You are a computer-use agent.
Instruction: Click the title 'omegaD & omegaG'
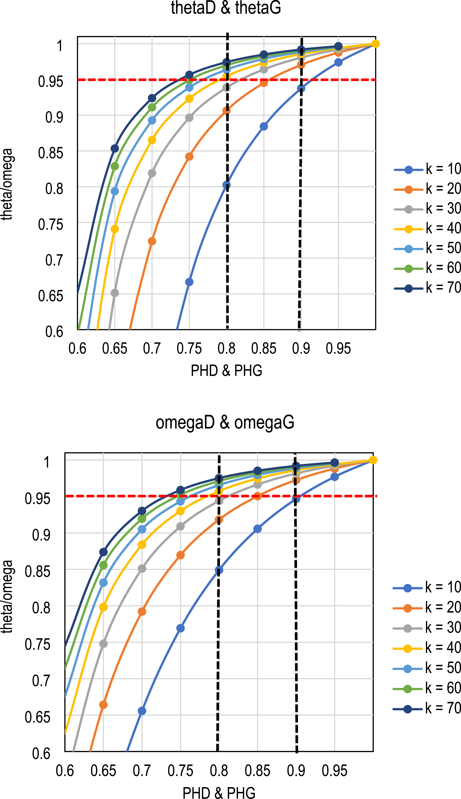(x=225, y=423)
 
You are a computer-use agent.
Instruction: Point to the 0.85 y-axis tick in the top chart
(x=51, y=153)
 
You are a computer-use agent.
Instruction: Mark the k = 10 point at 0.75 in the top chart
(x=189, y=282)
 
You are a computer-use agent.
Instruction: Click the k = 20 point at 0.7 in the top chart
(x=152, y=241)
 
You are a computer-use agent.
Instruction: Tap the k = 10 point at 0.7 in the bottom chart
(x=142, y=711)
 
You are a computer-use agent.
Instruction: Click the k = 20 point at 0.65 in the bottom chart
(x=103, y=705)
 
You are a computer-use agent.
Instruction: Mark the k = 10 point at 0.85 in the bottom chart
(x=258, y=529)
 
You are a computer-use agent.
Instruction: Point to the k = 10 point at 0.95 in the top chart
(x=338, y=62)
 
